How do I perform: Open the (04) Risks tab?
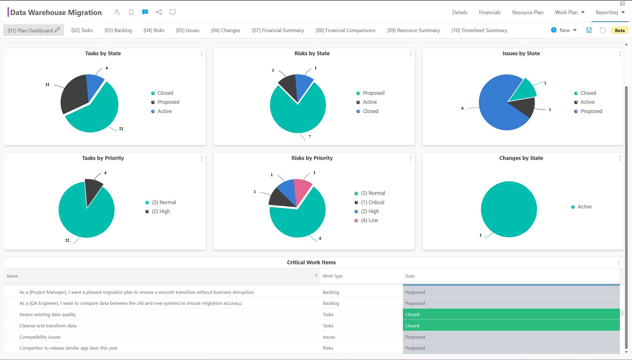point(154,30)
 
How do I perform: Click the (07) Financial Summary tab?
point(278,30)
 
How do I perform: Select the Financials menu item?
point(489,12)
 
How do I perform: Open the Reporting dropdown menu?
point(610,12)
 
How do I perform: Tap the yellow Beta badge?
point(619,30)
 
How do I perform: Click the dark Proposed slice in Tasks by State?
point(74,93)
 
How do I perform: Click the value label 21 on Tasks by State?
point(121,129)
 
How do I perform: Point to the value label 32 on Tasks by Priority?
point(67,240)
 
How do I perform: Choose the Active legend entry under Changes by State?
point(584,207)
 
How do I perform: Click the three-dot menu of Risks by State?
point(410,54)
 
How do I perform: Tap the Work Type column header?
point(332,276)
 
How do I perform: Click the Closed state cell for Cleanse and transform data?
point(511,326)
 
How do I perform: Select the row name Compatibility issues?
point(40,337)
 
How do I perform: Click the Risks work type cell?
point(328,348)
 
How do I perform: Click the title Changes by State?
point(521,158)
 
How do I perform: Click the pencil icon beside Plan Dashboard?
point(57,30)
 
